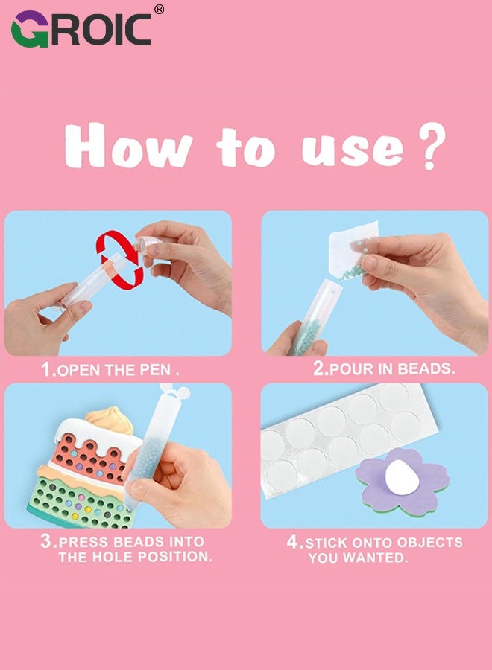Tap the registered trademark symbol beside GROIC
pos(158,10)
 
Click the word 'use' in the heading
pos(351,149)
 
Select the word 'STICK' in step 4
pos(328,543)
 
